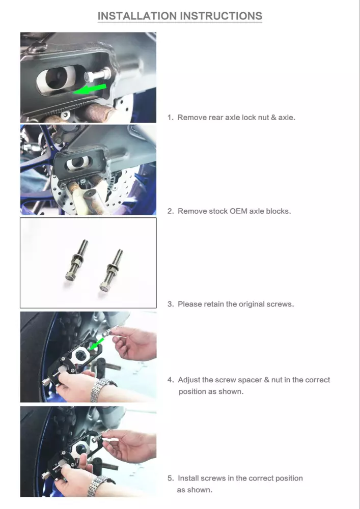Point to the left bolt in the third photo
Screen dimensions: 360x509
pos(76,260)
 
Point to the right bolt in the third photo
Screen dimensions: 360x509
pos(111,269)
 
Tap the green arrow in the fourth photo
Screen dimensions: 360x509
pos(96,345)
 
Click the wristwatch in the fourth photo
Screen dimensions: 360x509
pos(101,390)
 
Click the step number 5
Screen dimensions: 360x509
pos(171,478)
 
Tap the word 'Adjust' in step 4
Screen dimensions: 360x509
pos(189,380)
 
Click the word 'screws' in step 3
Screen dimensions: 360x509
pos(280,304)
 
